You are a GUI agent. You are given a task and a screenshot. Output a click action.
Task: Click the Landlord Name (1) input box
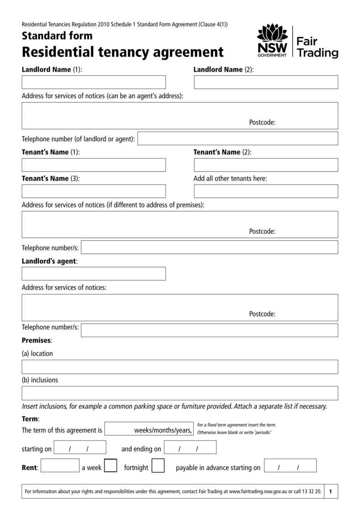[94, 82]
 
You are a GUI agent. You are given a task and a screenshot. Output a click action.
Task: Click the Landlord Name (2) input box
[266, 82]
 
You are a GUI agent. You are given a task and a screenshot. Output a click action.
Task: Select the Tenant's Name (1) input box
[94, 165]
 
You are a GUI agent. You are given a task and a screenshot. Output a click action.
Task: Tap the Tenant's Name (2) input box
[266, 165]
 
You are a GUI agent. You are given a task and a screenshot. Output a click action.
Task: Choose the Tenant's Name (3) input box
[94, 191]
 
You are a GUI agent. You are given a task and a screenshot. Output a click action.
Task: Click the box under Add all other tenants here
[266, 191]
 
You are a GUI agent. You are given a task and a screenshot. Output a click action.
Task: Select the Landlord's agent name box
[94, 274]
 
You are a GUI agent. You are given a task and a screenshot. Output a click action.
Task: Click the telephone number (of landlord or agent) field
[238, 138]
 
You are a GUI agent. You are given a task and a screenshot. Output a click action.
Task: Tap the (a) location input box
[180, 367]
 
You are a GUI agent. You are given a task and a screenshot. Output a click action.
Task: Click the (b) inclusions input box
[180, 393]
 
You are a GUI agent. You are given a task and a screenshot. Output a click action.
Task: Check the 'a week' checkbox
[111, 466]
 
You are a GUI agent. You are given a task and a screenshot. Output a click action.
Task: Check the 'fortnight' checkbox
[158, 466]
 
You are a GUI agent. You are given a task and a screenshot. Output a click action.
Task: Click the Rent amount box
[60, 466]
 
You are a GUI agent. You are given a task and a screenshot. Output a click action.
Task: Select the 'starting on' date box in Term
[80, 447]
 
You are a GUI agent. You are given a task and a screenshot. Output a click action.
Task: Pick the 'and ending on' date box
[190, 447]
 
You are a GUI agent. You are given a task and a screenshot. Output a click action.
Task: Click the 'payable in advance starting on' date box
[290, 466]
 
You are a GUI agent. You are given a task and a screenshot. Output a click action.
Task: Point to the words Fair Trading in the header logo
[317, 48]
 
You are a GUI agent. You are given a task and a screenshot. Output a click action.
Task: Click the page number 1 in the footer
[330, 492]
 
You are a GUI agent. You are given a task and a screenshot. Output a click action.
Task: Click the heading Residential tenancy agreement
[123, 52]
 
